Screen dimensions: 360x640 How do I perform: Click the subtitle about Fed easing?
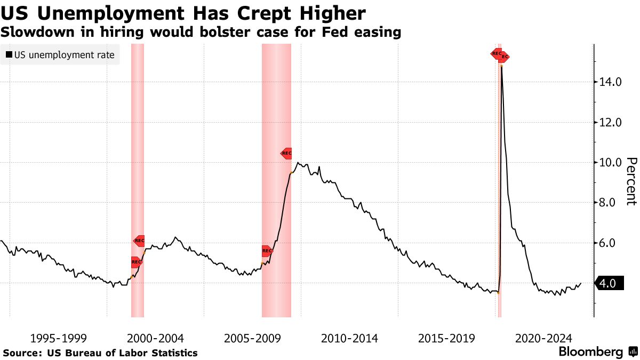pos(201,32)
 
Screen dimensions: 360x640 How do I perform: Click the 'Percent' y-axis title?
pos(631,181)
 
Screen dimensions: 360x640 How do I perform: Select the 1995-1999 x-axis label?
pos(59,338)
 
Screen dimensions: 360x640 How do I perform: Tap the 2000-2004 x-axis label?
pos(155,338)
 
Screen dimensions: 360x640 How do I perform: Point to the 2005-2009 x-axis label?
pos(253,338)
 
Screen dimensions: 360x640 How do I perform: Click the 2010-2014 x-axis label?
pos(349,338)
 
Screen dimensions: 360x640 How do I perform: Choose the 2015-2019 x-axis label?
pos(446,338)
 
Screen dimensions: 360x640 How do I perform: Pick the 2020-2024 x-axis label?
pos(543,338)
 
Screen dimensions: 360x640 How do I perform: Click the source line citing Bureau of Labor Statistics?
pos(100,353)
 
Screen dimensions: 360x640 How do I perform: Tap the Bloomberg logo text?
pos(590,352)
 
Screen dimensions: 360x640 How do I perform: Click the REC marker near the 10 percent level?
pos(286,153)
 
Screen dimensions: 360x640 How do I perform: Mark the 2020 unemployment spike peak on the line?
pos(501,67)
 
